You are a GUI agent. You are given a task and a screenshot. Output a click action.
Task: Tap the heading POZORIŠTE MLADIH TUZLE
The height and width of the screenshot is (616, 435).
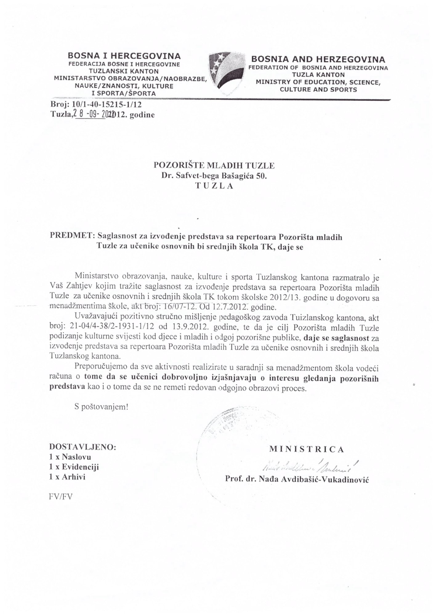tap(214, 166)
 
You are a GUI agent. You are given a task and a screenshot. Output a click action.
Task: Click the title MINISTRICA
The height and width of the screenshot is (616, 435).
tap(307, 449)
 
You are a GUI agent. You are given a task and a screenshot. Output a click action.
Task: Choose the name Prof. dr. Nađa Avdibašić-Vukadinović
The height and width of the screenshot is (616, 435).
tap(297, 480)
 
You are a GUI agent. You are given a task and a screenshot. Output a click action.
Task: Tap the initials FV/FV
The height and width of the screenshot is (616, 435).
tap(61, 496)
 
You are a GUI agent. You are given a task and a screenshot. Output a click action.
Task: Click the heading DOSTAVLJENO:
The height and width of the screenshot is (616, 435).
tap(83, 447)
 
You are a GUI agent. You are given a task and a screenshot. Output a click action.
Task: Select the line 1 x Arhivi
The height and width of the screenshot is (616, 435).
tap(67, 477)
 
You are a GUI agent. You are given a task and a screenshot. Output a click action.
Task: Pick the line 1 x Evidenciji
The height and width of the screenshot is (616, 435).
tap(74, 467)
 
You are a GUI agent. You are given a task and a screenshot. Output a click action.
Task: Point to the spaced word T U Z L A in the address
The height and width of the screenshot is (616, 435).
tap(214, 186)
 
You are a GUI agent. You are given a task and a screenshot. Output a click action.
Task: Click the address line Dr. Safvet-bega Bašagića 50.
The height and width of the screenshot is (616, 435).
tap(214, 176)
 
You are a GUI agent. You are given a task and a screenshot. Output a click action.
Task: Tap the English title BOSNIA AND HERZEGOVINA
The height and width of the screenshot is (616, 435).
tap(318, 59)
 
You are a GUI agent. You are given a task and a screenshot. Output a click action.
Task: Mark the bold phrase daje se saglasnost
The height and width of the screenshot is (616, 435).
tap(336, 338)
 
